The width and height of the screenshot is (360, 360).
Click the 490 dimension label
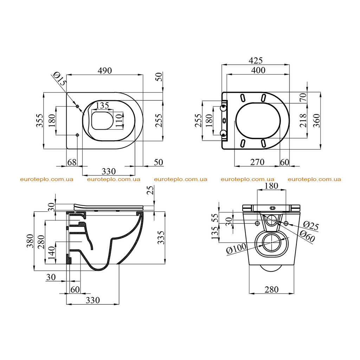(105, 71)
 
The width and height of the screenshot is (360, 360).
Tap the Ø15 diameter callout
(59, 79)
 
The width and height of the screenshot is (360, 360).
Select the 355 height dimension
(40, 120)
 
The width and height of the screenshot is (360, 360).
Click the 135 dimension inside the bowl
(102, 105)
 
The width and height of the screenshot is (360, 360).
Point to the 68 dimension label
(72, 162)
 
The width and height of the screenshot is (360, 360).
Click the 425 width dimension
(256, 60)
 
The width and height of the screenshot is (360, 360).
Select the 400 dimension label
(258, 70)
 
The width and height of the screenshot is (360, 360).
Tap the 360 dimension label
(317, 121)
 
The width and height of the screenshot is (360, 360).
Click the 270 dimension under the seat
(257, 162)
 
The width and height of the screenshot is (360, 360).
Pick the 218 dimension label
(303, 121)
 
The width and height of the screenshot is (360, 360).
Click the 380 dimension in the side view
(30, 241)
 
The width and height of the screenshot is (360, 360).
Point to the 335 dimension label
(161, 238)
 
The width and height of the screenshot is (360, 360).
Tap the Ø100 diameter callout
(236, 249)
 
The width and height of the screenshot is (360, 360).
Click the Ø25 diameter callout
(311, 226)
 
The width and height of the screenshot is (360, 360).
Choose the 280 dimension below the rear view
(272, 290)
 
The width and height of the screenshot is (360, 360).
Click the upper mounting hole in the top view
(77, 106)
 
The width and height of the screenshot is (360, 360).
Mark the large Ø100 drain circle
(272, 243)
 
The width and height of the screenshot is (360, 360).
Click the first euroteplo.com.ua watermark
(47, 179)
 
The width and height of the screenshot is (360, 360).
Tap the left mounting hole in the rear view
(257, 223)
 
